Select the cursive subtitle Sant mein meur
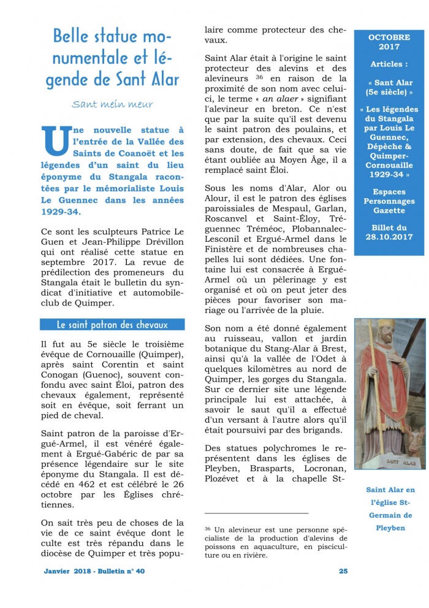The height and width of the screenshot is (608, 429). [x=112, y=104]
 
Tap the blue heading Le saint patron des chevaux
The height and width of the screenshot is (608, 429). [x=112, y=325]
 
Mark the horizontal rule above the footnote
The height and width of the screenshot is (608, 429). [x=256, y=512]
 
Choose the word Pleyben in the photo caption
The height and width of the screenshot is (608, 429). [x=390, y=528]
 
